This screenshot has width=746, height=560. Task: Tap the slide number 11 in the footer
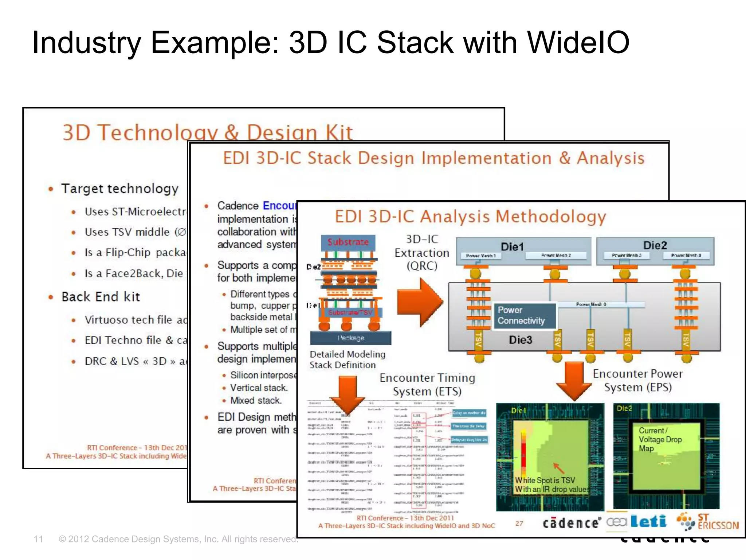pos(38,539)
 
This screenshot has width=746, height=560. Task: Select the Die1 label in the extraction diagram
pos(512,247)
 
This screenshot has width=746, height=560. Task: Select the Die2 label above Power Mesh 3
pos(655,245)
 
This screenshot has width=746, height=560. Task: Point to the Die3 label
pos(520,340)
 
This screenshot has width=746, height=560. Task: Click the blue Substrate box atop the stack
pos(348,242)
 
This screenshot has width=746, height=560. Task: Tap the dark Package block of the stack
pos(350,338)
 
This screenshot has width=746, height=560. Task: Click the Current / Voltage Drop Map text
pos(660,439)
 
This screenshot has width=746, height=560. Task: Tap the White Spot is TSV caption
pos(545,481)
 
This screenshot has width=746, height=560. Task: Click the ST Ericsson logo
pos(707,522)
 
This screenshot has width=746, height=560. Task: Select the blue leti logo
pos(648,522)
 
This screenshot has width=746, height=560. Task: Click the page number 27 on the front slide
pos(519,524)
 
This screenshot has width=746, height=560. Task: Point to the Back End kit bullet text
pos(101,297)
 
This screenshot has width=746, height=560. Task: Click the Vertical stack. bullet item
pos(259,388)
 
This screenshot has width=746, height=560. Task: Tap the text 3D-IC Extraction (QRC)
pos(422,252)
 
